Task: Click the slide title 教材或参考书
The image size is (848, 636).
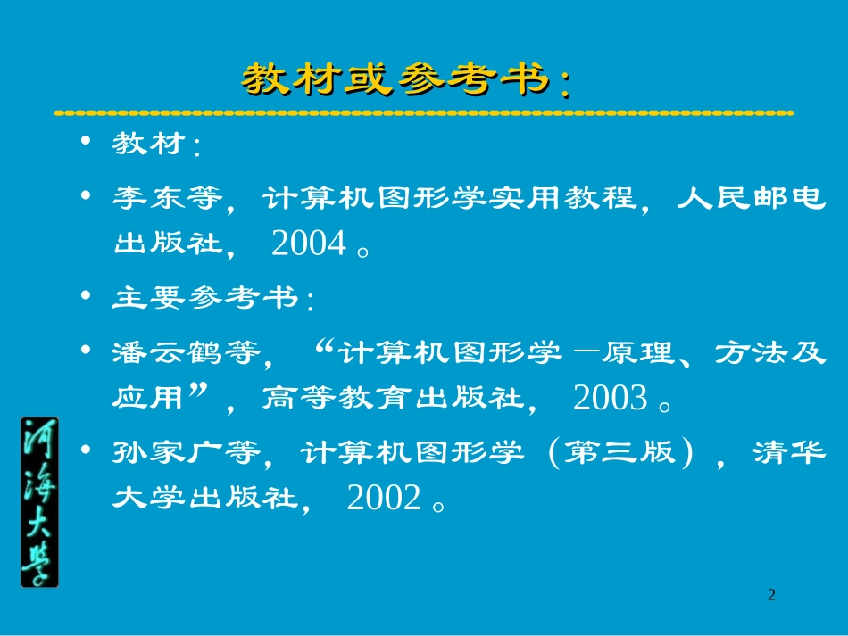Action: (x=406, y=80)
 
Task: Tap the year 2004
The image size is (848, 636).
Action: (x=309, y=244)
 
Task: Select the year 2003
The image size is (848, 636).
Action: (x=610, y=399)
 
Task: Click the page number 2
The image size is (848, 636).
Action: (x=772, y=595)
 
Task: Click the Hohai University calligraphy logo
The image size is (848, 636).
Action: (x=39, y=501)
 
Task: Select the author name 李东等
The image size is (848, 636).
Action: (x=167, y=198)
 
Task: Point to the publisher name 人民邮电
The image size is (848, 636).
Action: (x=750, y=198)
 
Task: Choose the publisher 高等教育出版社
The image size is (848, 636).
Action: (x=392, y=399)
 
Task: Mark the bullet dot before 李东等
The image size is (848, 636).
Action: (x=86, y=194)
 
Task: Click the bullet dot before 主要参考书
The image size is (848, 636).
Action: (x=86, y=294)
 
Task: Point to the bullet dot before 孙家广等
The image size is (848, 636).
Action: (x=86, y=450)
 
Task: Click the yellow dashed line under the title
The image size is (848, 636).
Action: (x=424, y=113)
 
